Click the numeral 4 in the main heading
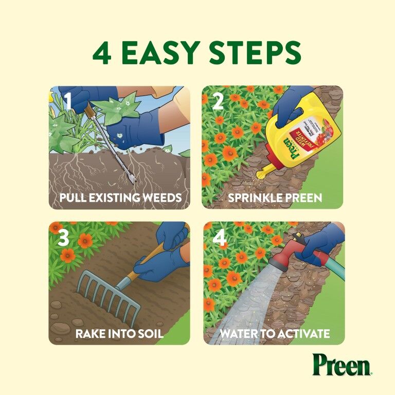pyautogui.click(x=102, y=52)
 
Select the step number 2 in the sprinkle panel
pyautogui.click(x=217, y=101)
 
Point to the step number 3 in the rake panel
pyautogui.click(x=63, y=238)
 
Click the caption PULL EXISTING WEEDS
pyautogui.click(x=120, y=197)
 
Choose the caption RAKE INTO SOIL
pyautogui.click(x=119, y=334)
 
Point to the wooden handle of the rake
pyautogui.click(x=147, y=260)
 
